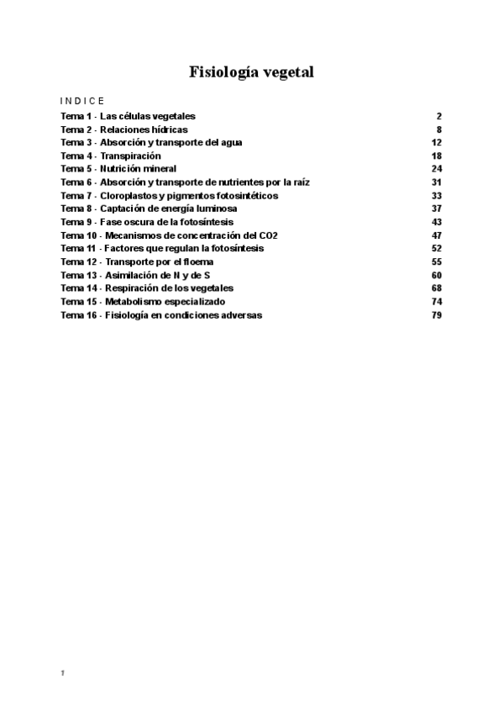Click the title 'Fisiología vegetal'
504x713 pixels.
252,72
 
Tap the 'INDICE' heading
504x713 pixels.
82,100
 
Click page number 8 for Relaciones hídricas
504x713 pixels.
438,129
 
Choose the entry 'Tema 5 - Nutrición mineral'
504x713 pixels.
118,169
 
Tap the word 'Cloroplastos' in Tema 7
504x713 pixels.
127,196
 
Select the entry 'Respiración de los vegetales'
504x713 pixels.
169,288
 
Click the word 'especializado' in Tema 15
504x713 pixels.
196,302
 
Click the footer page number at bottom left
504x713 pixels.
63,673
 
